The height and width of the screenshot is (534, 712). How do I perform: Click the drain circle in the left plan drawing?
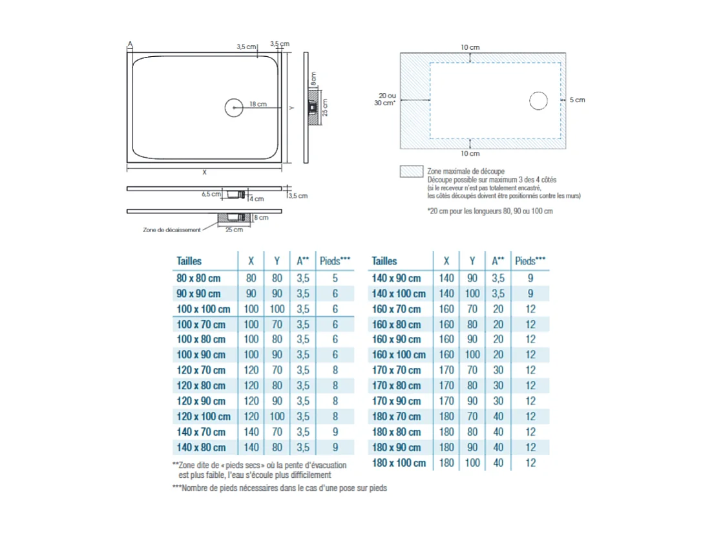[x=234, y=107]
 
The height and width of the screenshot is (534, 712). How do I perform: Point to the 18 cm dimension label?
[x=258, y=104]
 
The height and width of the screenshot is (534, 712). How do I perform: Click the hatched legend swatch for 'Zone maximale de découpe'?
[x=411, y=171]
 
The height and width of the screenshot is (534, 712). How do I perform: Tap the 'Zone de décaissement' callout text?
[x=171, y=230]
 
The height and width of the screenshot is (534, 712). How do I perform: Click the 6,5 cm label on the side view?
[x=210, y=193]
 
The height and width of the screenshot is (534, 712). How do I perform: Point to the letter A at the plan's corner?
[x=130, y=44]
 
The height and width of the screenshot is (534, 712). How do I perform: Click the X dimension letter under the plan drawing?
[x=204, y=172]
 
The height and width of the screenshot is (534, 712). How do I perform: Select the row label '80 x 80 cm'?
[x=198, y=278]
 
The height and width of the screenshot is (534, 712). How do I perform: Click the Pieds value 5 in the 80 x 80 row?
[x=335, y=278]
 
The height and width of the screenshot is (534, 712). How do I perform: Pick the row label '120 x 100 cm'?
[x=204, y=416]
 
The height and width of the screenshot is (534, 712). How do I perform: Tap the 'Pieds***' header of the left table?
[x=335, y=261]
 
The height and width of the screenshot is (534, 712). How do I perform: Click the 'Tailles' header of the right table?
[x=384, y=261]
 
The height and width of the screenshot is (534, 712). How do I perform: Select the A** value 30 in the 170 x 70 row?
[x=497, y=370]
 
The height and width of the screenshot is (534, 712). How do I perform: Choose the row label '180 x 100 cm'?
[x=399, y=463]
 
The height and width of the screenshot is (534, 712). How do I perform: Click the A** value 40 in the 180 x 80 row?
[x=497, y=432]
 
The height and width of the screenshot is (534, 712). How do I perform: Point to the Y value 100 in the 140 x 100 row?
[x=472, y=294]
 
